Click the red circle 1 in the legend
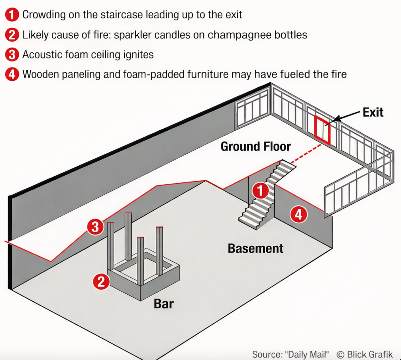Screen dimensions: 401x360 12,15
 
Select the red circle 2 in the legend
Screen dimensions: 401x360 12,35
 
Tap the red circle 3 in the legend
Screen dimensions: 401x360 12,54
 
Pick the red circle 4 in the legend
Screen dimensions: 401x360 12,74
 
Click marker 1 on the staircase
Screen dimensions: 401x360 260,190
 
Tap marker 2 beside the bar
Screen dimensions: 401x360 101,282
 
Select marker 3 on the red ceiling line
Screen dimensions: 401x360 95,227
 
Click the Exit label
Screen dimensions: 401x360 373,112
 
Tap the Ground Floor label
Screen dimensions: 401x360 256,146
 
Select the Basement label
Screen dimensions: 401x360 256,248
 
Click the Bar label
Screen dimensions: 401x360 164,304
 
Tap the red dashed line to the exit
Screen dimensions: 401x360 306,154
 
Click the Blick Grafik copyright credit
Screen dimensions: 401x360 364,354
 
